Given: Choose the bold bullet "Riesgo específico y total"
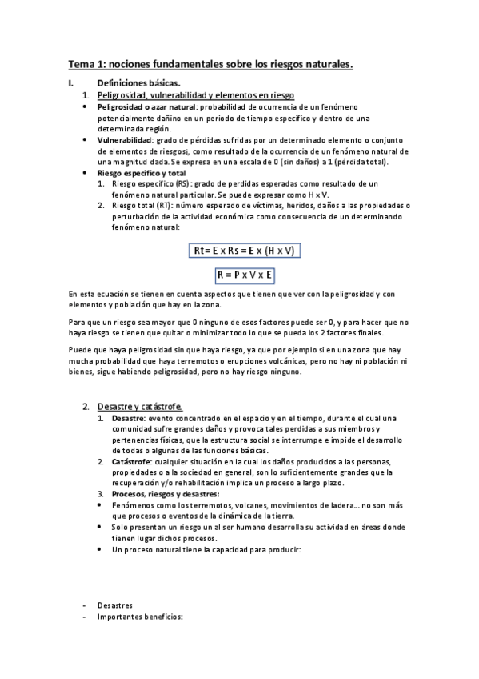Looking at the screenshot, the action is click(141, 172).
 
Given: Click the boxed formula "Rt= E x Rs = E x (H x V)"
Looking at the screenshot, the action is click(245, 251).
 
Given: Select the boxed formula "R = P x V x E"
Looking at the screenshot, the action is click(245, 275).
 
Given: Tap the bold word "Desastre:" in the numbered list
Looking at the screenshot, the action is click(129, 418).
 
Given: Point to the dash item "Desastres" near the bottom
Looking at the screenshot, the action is click(114, 605).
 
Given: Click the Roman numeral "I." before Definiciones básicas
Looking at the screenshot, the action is click(71, 83).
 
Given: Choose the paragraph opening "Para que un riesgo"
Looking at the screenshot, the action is click(102, 322).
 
